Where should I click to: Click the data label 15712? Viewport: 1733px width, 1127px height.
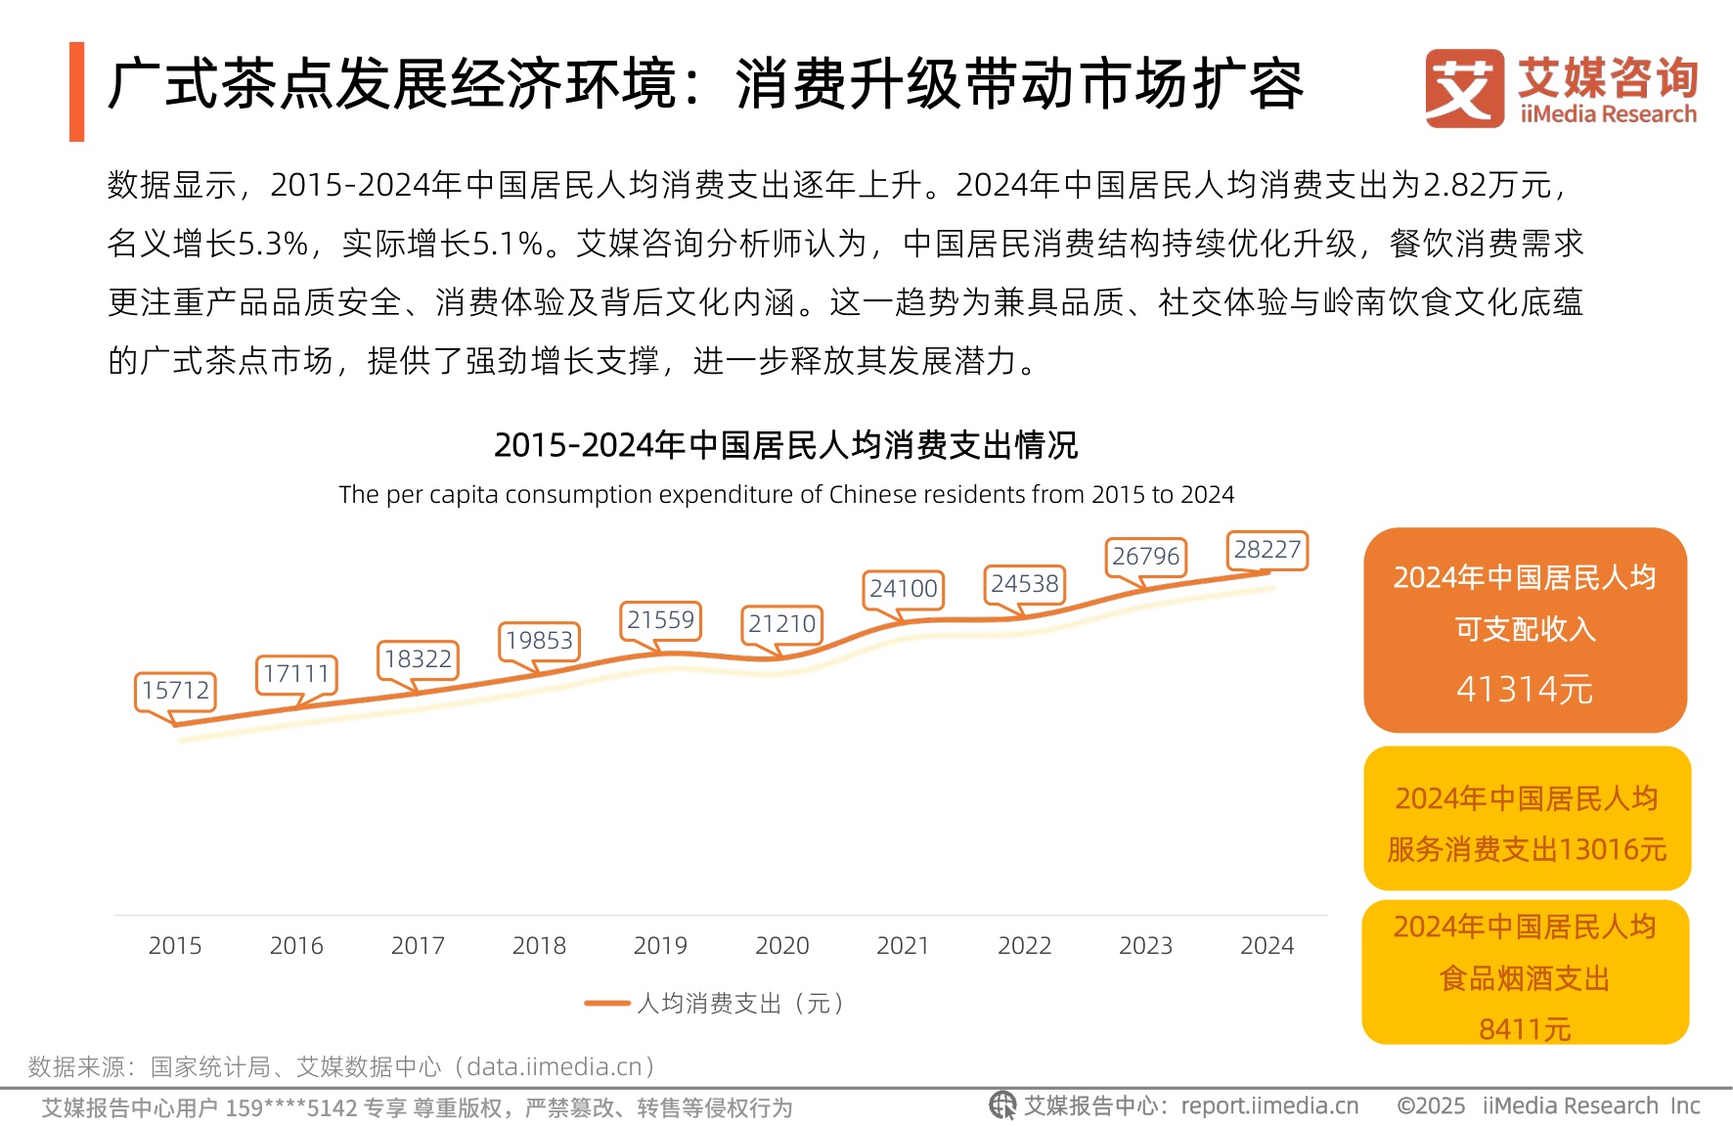[175, 691]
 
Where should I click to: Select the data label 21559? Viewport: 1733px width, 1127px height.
[660, 620]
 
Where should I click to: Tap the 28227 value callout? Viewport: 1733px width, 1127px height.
[1266, 550]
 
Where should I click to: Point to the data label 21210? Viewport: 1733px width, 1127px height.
[781, 624]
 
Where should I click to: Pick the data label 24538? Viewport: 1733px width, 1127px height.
[1024, 584]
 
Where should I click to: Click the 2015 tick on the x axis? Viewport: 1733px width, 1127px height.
[175, 946]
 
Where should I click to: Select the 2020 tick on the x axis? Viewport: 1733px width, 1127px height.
[781, 946]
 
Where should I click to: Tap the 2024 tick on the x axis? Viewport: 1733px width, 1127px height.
[1266, 946]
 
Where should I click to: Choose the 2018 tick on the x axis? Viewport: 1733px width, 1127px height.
[539, 946]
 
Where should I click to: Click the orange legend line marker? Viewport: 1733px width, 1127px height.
[607, 1004]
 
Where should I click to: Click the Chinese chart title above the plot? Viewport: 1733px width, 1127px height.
[785, 445]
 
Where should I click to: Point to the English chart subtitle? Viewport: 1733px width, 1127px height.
[785, 495]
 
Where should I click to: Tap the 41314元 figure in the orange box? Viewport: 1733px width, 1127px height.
[1525, 690]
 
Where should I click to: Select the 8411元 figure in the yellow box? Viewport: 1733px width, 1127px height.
[1525, 1029]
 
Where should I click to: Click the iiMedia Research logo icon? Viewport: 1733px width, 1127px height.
[1464, 88]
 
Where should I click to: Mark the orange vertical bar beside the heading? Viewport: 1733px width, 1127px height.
[77, 92]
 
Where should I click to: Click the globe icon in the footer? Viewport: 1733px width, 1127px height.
[1002, 1105]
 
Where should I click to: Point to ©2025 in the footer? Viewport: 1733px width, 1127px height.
[1431, 1106]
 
